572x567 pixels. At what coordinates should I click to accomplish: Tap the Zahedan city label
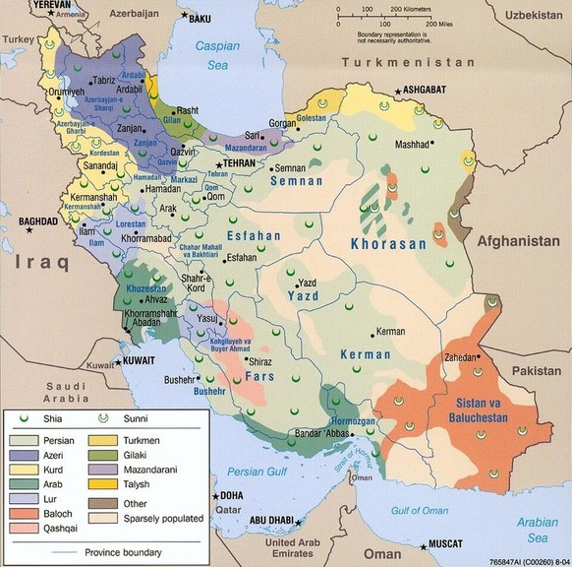[x=464, y=357]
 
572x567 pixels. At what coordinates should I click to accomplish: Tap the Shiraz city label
[x=259, y=361]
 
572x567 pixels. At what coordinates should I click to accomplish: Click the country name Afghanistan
[x=517, y=241]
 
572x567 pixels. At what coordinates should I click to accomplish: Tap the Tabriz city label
[x=103, y=80]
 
